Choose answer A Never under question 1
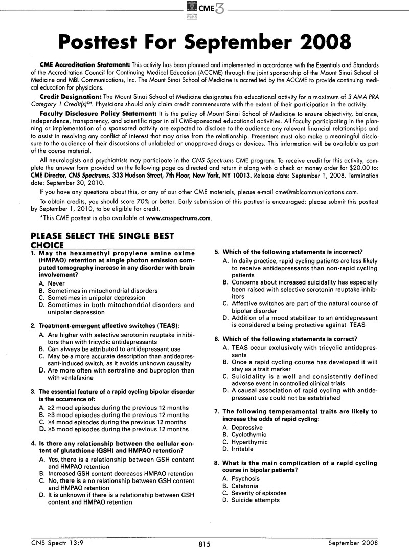(54, 283)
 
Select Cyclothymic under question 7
(248, 434)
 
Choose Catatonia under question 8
(244, 486)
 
